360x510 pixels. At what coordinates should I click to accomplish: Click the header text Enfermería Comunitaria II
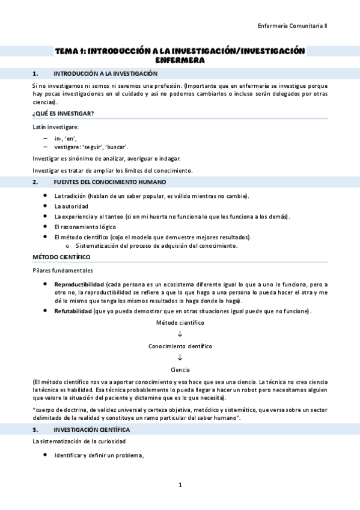pyautogui.click(x=292, y=26)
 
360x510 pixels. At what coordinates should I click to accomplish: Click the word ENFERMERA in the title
pyautogui.click(x=180, y=60)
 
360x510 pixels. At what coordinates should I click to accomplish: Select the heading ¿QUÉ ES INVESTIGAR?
pyautogui.click(x=63, y=113)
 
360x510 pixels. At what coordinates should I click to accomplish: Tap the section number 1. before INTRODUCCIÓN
pyautogui.click(x=35, y=73)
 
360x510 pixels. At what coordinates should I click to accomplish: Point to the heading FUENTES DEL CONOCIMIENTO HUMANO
pyautogui.click(x=110, y=182)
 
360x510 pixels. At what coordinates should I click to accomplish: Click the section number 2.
pyautogui.click(x=35, y=182)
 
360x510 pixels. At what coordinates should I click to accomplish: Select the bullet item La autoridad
pyautogui.click(x=71, y=206)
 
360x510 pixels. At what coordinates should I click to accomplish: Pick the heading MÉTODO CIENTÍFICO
pyautogui.click(x=61, y=257)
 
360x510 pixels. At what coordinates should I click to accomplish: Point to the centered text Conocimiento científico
pyautogui.click(x=180, y=346)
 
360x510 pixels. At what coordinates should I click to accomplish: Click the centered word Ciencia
pyautogui.click(x=180, y=369)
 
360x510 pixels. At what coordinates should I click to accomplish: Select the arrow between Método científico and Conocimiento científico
pyautogui.click(x=180, y=334)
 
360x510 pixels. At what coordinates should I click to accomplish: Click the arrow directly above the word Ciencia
pyautogui.click(x=180, y=358)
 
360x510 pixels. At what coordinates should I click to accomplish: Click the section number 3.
pyautogui.click(x=35, y=430)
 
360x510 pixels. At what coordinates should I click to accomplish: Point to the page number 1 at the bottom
pyautogui.click(x=180, y=484)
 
